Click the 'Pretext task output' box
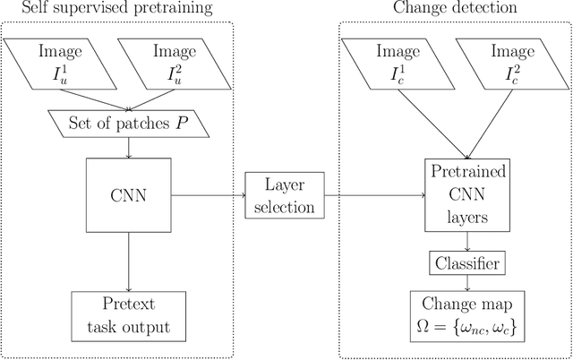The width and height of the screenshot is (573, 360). [x=131, y=315]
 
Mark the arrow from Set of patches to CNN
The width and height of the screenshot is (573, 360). [x=131, y=148]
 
